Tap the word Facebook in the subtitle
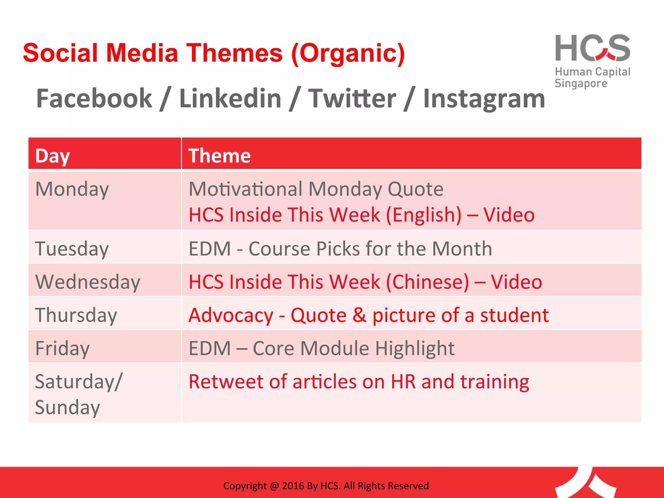[x=94, y=99]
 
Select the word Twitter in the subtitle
[x=352, y=99]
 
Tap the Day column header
[x=53, y=156]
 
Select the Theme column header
[x=219, y=156]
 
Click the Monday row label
[x=72, y=189]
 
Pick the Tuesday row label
[x=72, y=249]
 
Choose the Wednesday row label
[x=88, y=282]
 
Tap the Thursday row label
[x=76, y=315]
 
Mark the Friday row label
[x=62, y=349]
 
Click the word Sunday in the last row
[x=67, y=408]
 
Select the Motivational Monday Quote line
[x=316, y=189]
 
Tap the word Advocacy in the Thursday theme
[x=231, y=315]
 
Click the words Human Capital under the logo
[x=592, y=72]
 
